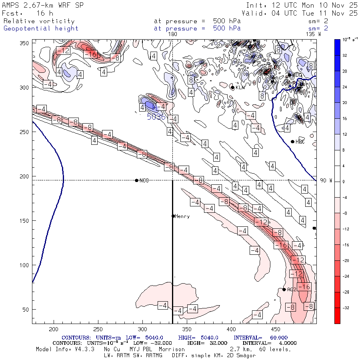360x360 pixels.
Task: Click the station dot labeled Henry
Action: pyautogui.click(x=173, y=216)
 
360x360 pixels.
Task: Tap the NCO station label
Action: pyautogui.click(x=144, y=181)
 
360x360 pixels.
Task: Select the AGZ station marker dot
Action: pyautogui.click(x=284, y=289)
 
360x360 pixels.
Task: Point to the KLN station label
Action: pyautogui.click(x=240, y=88)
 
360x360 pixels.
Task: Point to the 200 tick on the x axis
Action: pyautogui.click(x=54, y=329)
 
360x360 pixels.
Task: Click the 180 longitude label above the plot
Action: pyautogui.click(x=173, y=34)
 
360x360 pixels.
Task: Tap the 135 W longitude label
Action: pyautogui.click(x=313, y=34)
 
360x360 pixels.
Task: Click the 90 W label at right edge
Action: pyautogui.click(x=326, y=180)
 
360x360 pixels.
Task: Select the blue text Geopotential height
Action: pyautogui.click(x=41, y=28)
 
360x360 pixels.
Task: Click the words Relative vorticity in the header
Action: pyautogui.click(x=39, y=21)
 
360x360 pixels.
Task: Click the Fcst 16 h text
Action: pyautogui.click(x=24, y=13)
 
